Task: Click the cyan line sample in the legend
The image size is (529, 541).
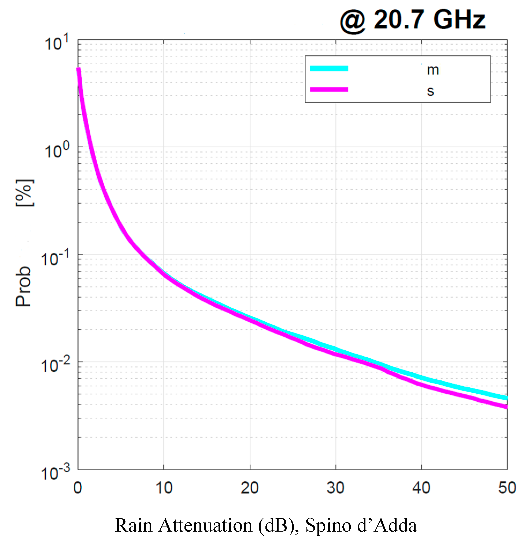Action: [x=329, y=68]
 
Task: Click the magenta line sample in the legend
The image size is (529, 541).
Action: [x=329, y=89]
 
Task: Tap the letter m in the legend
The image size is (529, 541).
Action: [x=432, y=70]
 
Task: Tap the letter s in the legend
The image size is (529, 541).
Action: [x=430, y=91]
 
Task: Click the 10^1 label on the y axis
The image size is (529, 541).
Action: [x=56, y=43]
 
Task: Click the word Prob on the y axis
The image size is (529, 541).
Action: [x=23, y=286]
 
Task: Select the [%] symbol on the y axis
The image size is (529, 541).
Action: [x=24, y=193]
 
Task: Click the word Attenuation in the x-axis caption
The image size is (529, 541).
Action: [x=205, y=525]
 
